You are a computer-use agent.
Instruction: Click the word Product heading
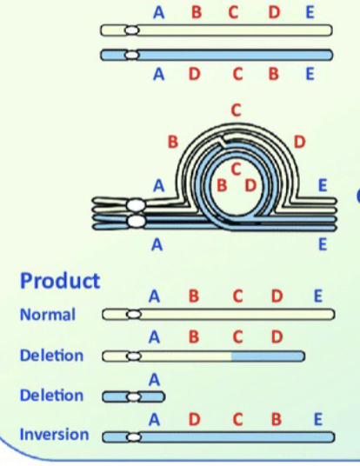point(60,281)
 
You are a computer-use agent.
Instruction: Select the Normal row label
point(48,315)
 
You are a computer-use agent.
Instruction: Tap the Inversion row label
point(54,435)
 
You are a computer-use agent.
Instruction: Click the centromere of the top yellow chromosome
point(131,30)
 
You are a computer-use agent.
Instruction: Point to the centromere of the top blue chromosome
point(131,56)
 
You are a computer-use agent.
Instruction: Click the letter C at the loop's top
point(235,110)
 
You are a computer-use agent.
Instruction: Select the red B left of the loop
point(173,141)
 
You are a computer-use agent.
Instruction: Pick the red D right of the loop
point(299,141)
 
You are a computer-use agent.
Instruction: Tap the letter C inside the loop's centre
point(236,169)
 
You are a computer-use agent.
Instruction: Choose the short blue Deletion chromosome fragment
point(136,397)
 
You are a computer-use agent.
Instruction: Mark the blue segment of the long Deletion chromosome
point(268,356)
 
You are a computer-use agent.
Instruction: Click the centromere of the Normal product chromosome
point(134,314)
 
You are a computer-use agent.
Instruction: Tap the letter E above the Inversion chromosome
point(318,420)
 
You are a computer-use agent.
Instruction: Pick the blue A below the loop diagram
point(157,245)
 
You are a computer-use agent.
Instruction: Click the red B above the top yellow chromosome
point(196,12)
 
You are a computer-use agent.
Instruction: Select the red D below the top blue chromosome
point(193,74)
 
